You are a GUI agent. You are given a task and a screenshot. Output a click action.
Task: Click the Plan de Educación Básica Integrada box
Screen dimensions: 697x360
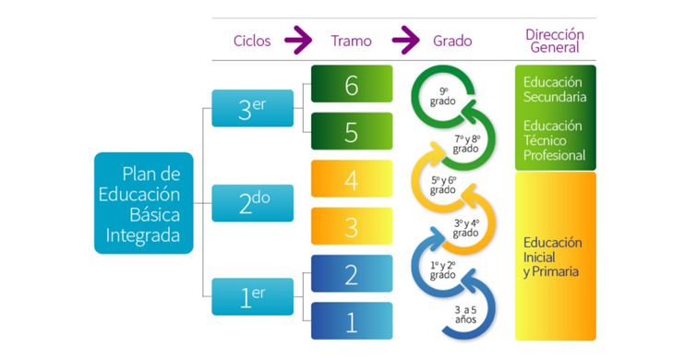point(144,203)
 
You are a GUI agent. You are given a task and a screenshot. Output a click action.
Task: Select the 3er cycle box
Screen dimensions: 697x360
point(252,108)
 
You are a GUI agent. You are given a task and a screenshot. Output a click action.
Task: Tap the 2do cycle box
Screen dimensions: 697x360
point(252,203)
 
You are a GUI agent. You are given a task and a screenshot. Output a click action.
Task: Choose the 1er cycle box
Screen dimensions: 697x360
point(252,296)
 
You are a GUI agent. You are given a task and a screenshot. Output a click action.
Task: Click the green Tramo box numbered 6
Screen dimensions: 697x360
point(352,84)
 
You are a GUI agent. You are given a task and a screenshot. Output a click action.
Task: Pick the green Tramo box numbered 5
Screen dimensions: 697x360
point(352,132)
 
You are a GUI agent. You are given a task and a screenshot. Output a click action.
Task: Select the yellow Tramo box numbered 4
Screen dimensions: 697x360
point(352,179)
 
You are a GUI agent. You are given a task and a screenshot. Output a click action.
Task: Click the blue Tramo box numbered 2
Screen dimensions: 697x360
point(352,273)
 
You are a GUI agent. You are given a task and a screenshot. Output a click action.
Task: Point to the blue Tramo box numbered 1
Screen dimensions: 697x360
point(352,320)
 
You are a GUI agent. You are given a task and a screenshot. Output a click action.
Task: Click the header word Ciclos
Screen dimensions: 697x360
point(252,41)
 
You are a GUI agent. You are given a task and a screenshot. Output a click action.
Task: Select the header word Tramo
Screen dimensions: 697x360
point(351,41)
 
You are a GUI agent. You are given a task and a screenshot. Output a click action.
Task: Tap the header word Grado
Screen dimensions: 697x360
point(452,41)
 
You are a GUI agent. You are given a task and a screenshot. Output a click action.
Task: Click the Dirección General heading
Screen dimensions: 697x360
point(555,41)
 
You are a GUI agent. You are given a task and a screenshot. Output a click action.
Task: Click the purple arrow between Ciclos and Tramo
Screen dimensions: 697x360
point(298,41)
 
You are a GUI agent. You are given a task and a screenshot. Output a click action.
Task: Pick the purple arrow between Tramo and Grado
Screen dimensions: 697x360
point(405,41)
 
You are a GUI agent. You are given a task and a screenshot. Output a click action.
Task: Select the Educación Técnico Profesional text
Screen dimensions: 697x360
point(554,140)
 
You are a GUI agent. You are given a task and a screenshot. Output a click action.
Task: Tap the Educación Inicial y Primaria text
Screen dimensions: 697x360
point(552,257)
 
